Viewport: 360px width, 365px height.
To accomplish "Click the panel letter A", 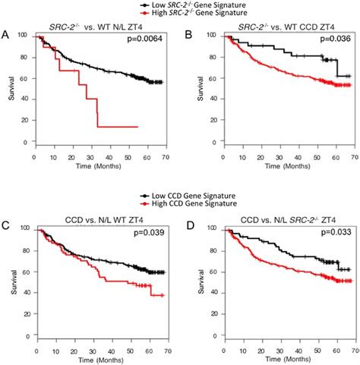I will pyautogui.click(x=6, y=34).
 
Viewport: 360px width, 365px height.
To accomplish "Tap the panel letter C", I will pyautogui.click(x=6, y=225).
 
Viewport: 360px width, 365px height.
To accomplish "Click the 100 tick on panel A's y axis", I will pyautogui.click(x=24, y=36).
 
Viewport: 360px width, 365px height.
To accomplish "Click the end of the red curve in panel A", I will pyautogui.click(x=137, y=127).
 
